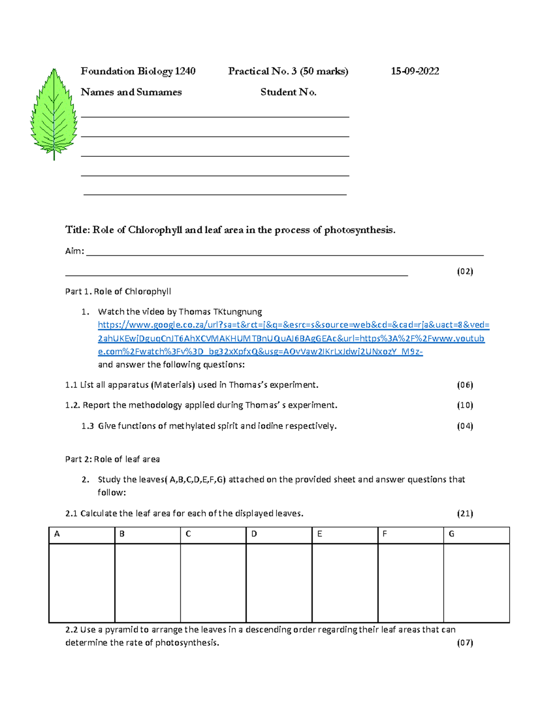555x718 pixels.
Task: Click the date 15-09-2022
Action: [x=415, y=71]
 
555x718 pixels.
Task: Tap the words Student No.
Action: [x=288, y=92]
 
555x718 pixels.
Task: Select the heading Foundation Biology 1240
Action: [x=138, y=71]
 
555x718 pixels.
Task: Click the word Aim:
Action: [x=74, y=251]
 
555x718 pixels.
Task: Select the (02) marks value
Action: [x=465, y=271]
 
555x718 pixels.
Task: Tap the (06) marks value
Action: [x=465, y=385]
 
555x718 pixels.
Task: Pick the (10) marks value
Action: [x=465, y=405]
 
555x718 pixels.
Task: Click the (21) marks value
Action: [x=465, y=513]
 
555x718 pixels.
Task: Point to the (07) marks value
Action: [x=465, y=643]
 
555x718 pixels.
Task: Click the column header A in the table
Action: [x=57, y=534]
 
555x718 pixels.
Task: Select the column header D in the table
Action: [x=254, y=534]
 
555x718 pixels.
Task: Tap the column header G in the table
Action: [x=451, y=534]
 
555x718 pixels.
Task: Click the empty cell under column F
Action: [x=410, y=583]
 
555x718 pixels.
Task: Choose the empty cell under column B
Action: [x=147, y=583]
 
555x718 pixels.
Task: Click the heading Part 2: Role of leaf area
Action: [x=112, y=459]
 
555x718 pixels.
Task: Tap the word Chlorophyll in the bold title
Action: [x=155, y=230]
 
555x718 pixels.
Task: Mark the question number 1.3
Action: [x=87, y=426]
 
